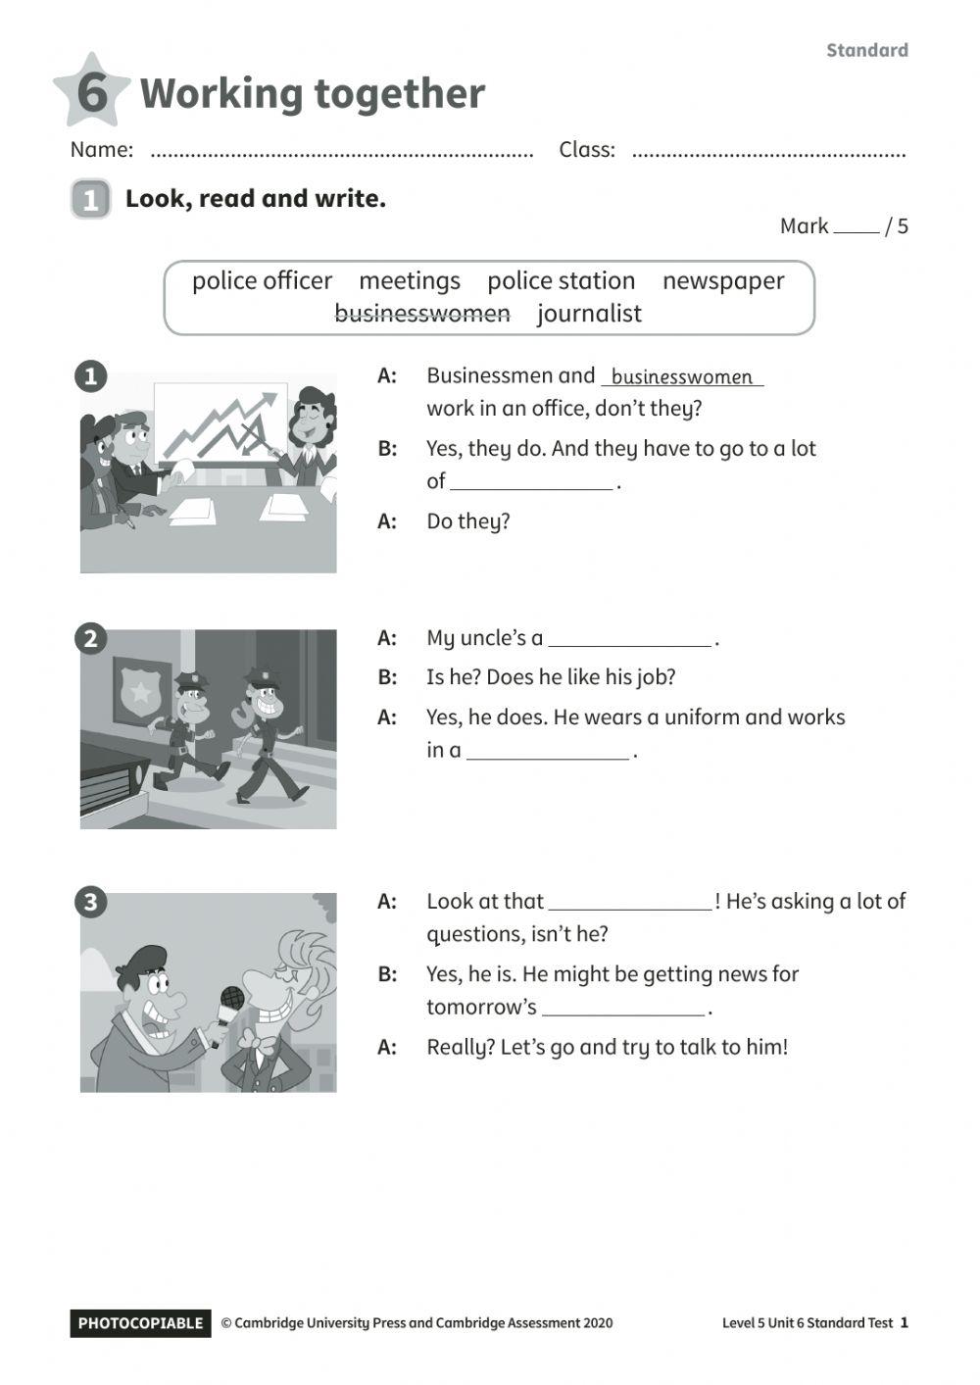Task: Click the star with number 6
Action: (90, 91)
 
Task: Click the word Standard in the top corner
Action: (866, 50)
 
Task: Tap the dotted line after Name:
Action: (342, 153)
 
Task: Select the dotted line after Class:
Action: (768, 153)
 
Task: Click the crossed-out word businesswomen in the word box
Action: (422, 314)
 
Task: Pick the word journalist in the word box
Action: (589, 314)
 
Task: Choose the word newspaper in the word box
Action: (723, 281)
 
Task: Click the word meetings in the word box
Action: (409, 281)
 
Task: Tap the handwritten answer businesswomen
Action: (682, 377)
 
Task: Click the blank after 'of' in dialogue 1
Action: (531, 483)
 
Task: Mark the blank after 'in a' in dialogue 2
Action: (548, 753)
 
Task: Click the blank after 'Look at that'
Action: (630, 904)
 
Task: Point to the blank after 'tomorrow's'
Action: (623, 1010)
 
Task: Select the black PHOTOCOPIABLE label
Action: (140, 1323)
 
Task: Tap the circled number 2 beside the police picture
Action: (90, 639)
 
